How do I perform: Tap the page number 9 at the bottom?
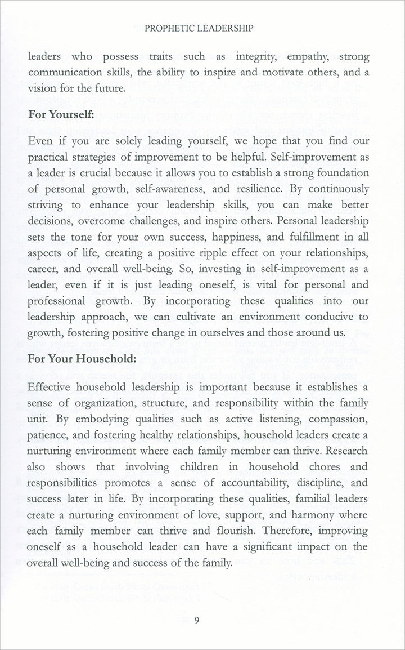click(196, 621)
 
